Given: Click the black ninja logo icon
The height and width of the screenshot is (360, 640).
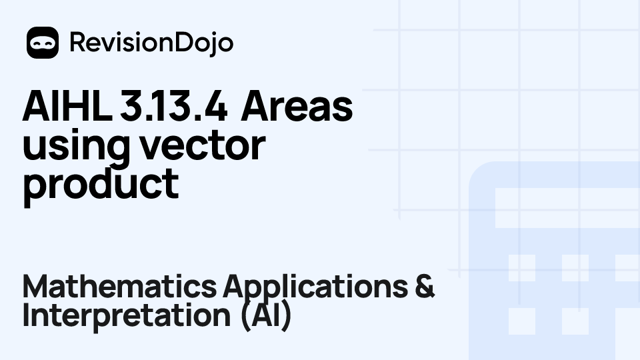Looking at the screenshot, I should point(43,43).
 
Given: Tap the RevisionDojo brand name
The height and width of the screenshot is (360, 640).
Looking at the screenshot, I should point(151,43).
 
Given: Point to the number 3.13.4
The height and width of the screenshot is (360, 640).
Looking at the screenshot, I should point(176,108).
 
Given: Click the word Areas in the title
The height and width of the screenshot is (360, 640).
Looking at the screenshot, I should point(297,108).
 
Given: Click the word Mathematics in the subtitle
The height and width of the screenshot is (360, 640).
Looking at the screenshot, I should point(119,287).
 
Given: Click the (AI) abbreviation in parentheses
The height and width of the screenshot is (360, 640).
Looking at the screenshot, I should point(266,316).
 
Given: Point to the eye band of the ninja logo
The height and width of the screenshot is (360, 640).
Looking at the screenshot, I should point(43,41).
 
